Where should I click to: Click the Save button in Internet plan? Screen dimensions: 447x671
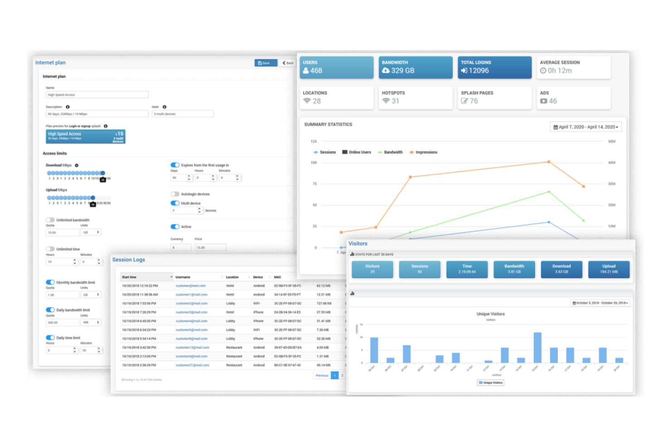tap(265, 63)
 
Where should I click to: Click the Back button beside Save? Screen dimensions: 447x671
tap(288, 63)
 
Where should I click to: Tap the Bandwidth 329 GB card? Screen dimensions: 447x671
tap(415, 67)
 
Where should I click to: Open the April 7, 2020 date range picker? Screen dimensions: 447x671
tap(586, 127)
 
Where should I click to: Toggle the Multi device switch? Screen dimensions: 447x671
tap(175, 203)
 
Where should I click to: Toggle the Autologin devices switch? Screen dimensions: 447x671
tap(175, 194)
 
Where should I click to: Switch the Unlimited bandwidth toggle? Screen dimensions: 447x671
tap(50, 220)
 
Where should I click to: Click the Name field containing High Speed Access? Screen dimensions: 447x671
tap(97, 95)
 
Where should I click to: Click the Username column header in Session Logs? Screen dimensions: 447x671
tap(183, 277)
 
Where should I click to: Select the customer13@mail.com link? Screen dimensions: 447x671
tap(192, 347)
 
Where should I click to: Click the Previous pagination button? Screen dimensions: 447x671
tap(322, 375)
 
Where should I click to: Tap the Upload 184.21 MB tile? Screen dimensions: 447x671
tap(609, 269)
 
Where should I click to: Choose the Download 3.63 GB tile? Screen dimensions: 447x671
tap(561, 269)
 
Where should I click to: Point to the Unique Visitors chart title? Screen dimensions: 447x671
tap(491, 314)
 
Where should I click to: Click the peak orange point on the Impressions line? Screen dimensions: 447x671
tap(549, 162)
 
